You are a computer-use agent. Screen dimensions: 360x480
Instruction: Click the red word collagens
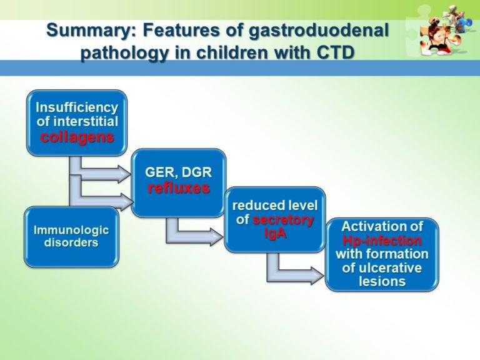pos(77,137)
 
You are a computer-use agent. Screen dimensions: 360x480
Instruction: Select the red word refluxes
pos(179,187)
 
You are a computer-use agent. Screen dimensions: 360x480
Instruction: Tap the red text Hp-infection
pos(382,240)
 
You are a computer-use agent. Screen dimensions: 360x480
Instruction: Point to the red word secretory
pos(283,219)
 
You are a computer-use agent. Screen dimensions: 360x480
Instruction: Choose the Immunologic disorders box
pos(71,236)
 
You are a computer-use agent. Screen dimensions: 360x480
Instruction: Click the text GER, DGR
pos(179,171)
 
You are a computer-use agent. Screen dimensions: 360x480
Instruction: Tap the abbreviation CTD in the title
pos(334,52)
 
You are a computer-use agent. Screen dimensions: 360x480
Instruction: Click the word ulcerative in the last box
pos(382,267)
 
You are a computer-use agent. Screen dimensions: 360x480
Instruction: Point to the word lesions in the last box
pos(382,281)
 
